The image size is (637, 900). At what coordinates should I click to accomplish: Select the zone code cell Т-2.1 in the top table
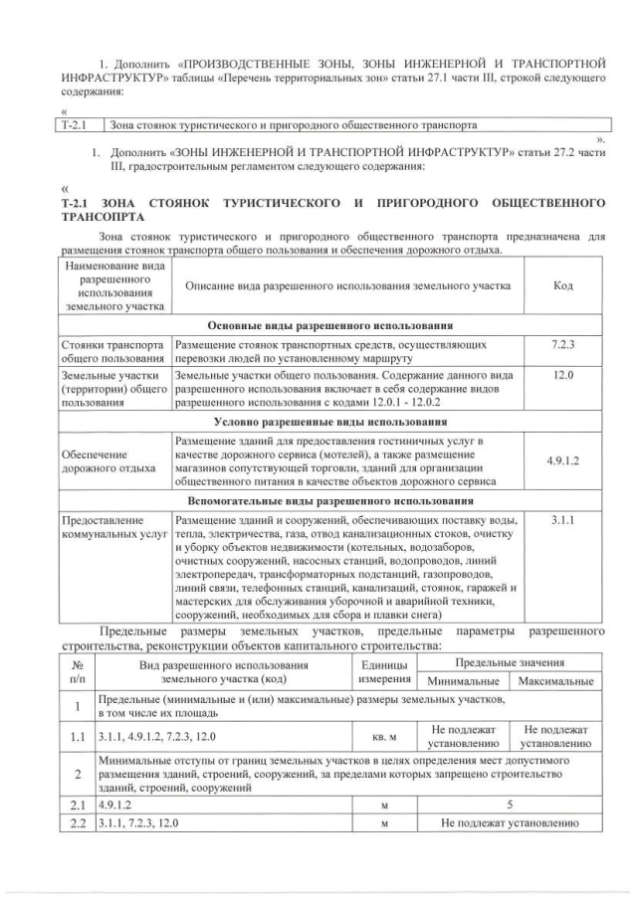point(77,126)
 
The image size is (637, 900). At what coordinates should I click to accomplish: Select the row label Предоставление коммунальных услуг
point(112,527)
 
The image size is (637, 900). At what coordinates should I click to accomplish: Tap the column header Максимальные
point(554,681)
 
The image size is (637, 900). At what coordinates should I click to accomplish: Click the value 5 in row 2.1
point(510,803)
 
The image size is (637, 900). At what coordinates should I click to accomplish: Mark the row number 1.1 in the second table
point(76,737)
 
